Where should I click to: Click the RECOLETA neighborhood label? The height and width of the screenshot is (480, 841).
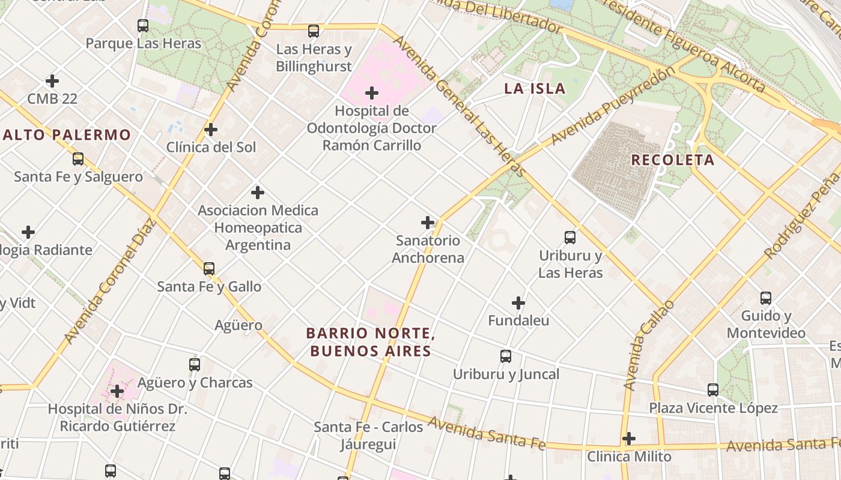(672, 160)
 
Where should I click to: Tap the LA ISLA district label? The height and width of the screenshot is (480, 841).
(535, 89)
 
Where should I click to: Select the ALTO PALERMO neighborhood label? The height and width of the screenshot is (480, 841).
(67, 135)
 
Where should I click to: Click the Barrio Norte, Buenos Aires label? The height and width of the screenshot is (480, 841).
(370, 342)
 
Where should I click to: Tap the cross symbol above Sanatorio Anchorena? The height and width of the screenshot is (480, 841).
(428, 223)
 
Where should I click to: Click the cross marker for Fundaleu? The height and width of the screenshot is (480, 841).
(518, 303)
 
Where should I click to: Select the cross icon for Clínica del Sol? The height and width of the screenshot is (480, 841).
(211, 130)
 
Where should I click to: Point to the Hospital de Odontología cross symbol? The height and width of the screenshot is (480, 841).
(372, 93)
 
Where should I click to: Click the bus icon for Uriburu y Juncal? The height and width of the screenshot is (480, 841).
(506, 356)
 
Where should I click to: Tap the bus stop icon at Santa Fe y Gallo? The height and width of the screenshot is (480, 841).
(209, 268)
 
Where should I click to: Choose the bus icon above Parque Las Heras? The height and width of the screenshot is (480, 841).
(143, 26)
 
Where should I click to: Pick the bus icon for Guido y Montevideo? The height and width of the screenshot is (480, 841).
(766, 298)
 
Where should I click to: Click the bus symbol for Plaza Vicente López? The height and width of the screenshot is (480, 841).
(713, 390)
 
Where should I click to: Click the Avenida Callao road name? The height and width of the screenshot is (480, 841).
(649, 346)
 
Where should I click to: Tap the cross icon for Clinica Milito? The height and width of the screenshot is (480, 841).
(629, 439)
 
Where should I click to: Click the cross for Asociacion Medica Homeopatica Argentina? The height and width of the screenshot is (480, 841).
(258, 193)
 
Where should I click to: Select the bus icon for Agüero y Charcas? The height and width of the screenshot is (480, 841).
(195, 364)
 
